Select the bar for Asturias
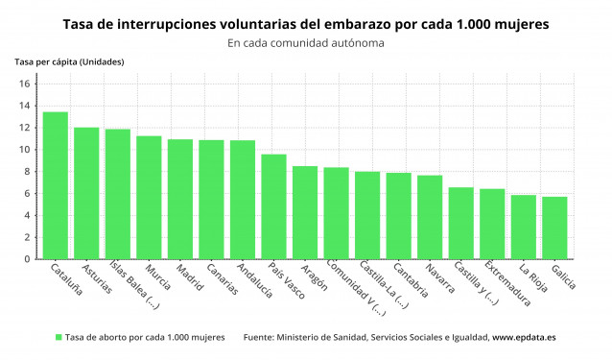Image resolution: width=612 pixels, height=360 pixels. (86, 193)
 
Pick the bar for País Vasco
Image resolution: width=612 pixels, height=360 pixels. (273, 206)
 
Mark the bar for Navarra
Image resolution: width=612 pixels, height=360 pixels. (430, 217)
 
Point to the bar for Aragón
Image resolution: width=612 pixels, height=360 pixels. (305, 212)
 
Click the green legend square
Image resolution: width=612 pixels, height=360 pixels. (59, 338)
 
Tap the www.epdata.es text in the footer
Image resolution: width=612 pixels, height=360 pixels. (524, 338)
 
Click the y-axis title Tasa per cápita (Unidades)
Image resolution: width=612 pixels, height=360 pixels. (68, 62)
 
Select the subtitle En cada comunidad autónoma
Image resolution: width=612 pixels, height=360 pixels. (305, 43)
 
